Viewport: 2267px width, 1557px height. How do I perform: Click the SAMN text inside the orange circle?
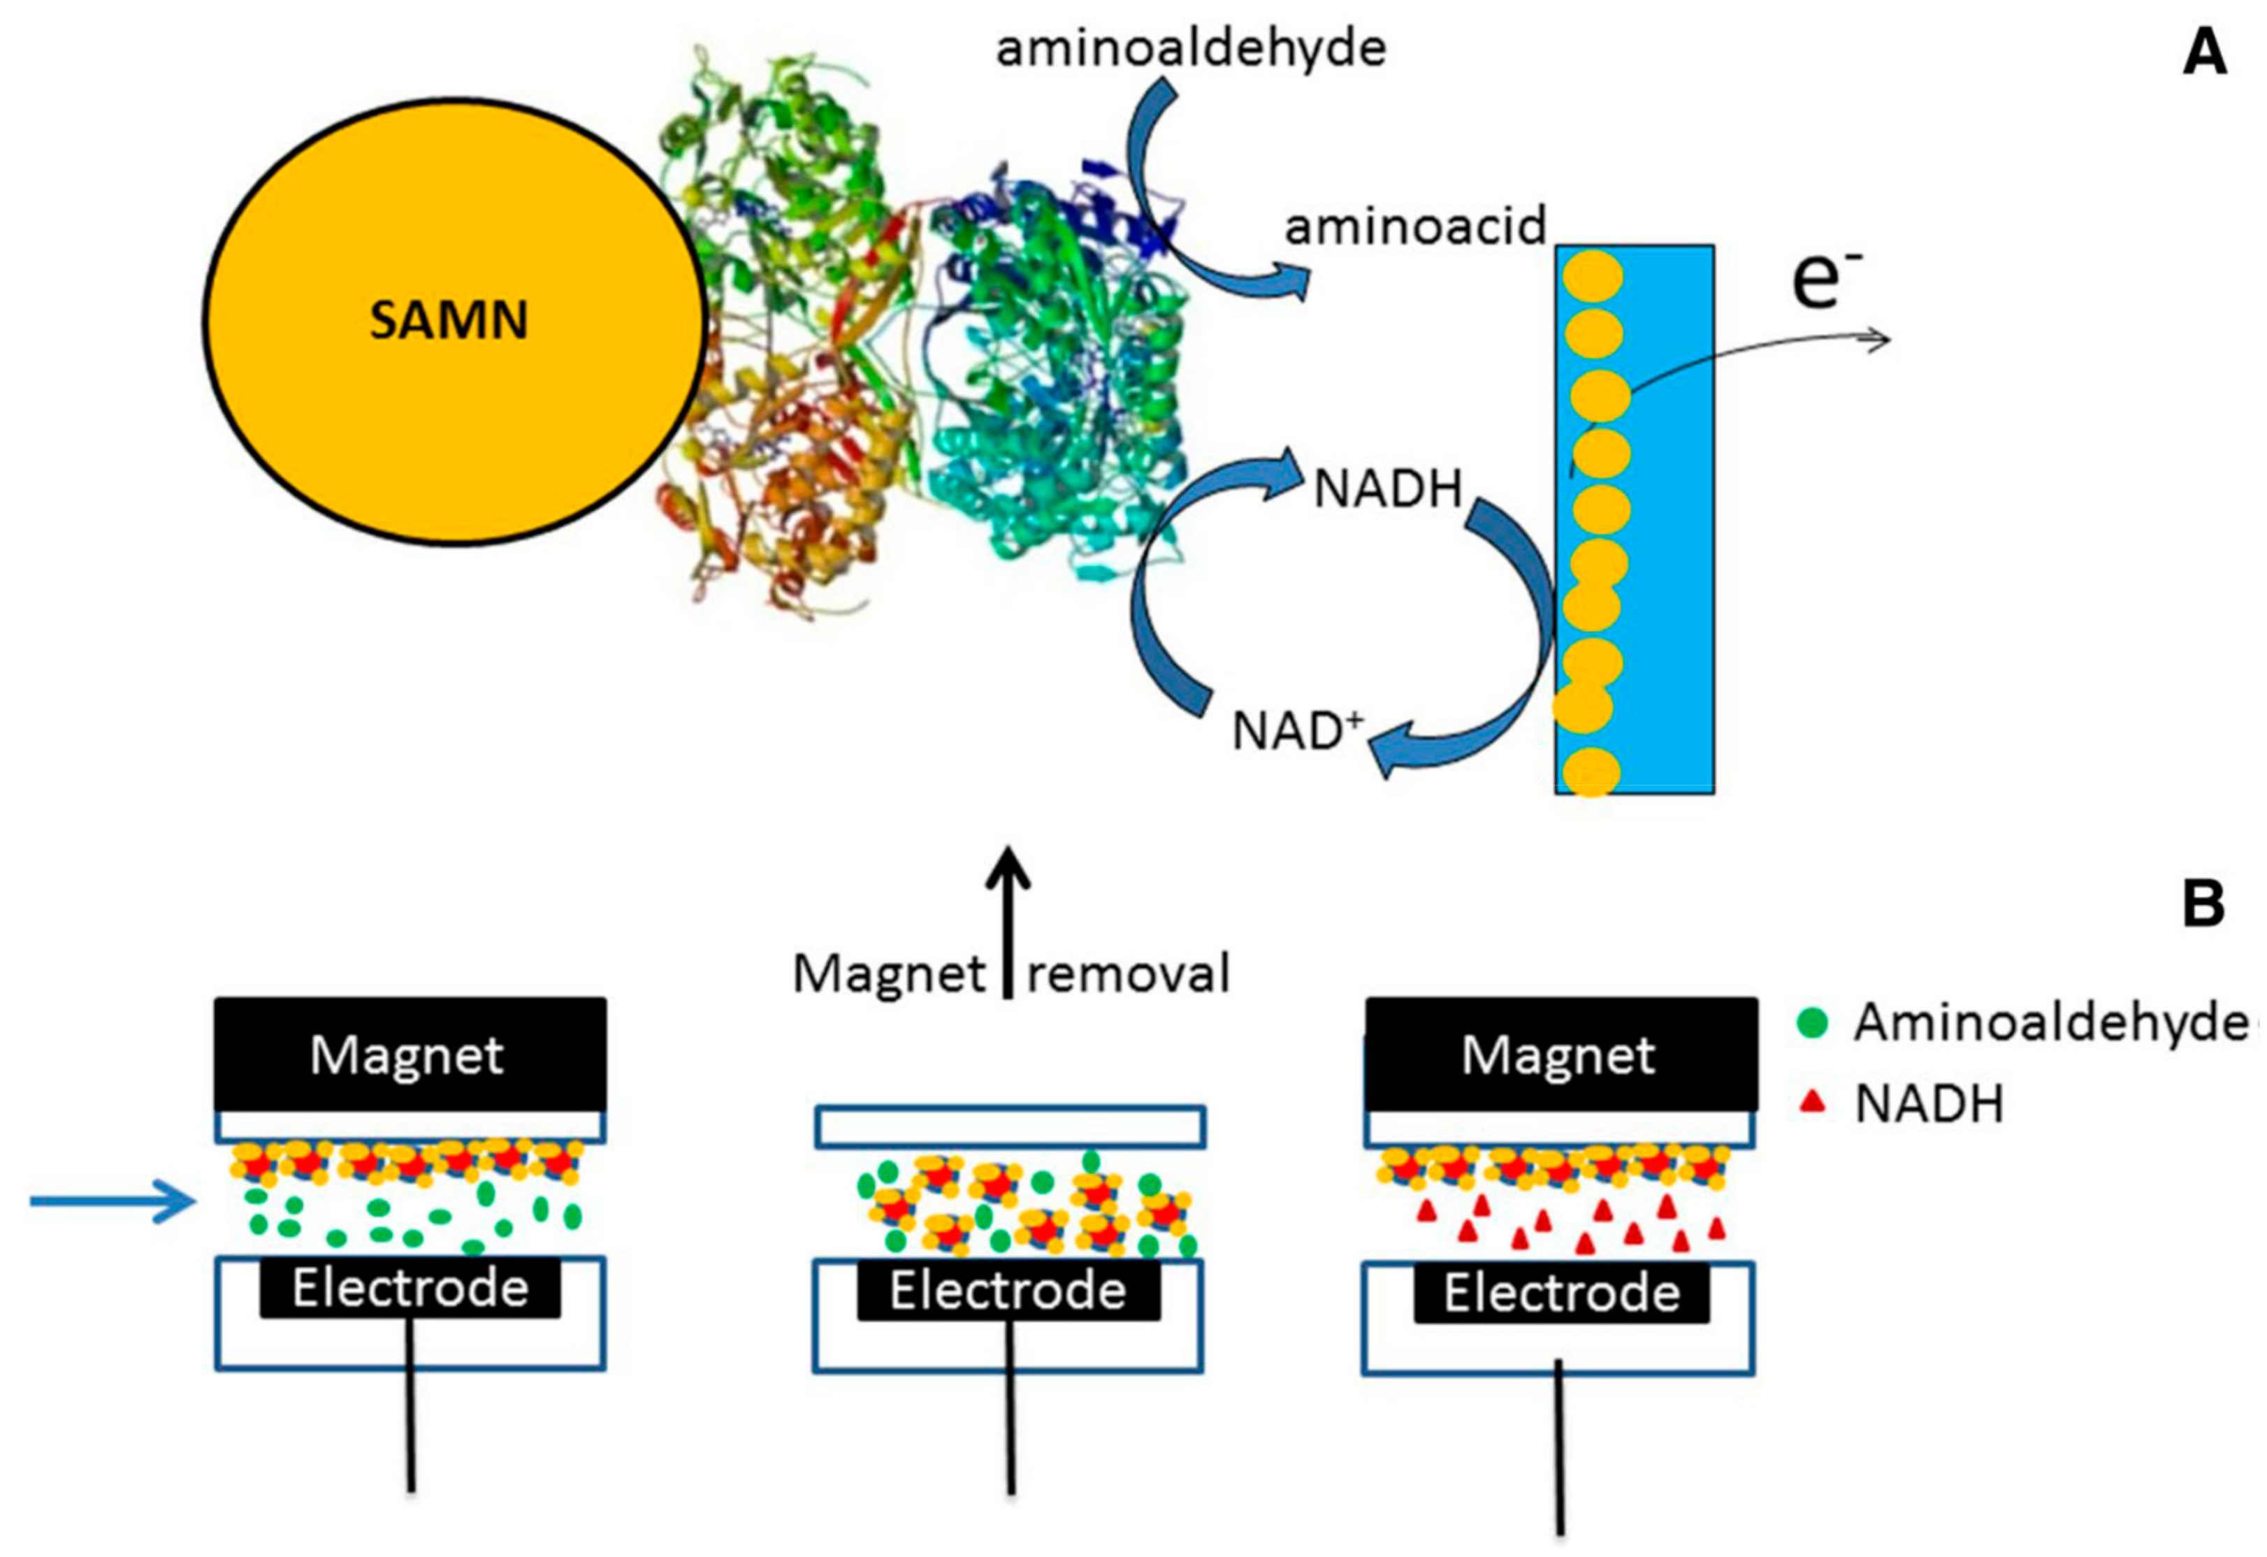[x=449, y=320]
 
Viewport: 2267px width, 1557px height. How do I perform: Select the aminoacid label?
[x=1415, y=227]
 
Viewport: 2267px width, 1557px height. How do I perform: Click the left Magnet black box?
[x=410, y=1055]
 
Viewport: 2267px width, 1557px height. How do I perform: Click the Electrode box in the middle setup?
[x=1008, y=1291]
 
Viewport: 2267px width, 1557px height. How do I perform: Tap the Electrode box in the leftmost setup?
[x=410, y=1288]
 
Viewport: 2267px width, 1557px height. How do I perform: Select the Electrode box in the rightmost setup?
[x=1560, y=1293]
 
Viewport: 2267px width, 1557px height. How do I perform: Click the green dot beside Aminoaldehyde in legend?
[x=1811, y=1023]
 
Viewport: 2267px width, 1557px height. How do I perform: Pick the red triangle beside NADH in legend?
[x=1811, y=1102]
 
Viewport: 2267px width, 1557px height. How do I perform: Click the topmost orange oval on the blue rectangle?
[x=1593, y=277]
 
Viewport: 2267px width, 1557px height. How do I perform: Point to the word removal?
[x=1128, y=973]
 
